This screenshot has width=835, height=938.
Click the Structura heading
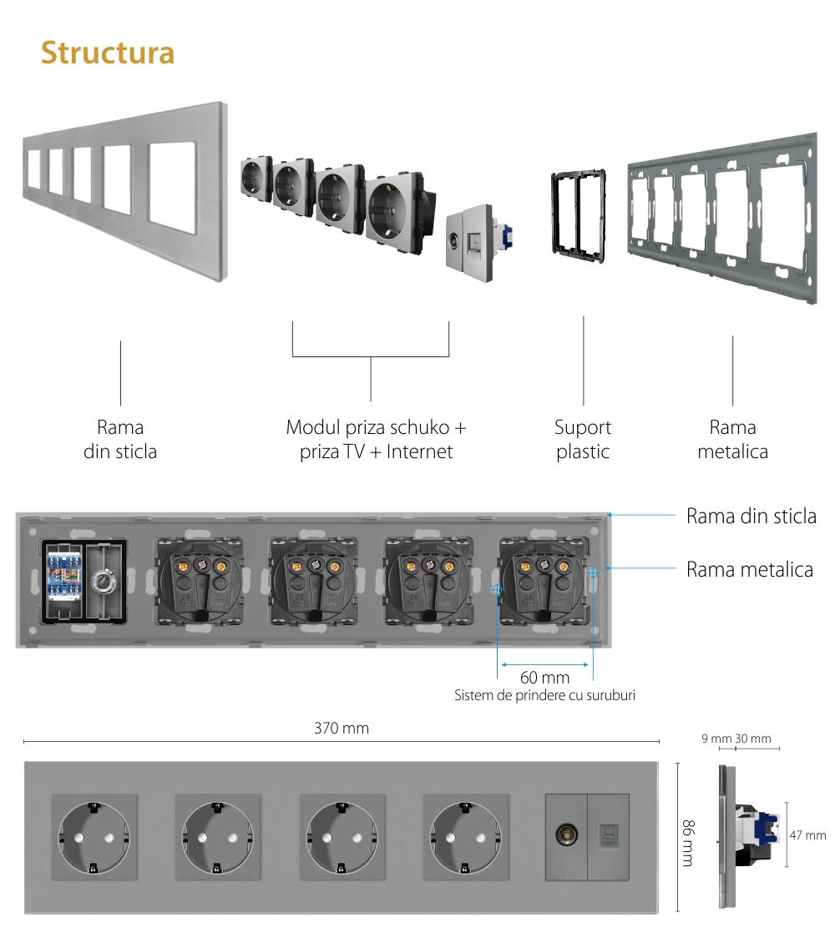pos(108,52)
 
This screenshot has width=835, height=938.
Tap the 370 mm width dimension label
pos(341,729)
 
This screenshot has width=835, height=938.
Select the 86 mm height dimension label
pos(687,837)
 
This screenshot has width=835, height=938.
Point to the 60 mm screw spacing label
pos(544,678)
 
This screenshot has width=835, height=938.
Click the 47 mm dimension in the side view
pos(807,835)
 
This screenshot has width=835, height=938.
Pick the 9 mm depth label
pos(716,739)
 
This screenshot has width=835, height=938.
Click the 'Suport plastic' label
pos(583,440)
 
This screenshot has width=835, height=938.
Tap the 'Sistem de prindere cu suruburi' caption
pos(544,695)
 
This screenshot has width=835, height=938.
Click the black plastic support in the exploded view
pos(577,212)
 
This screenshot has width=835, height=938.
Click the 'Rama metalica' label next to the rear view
pos(749,570)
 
